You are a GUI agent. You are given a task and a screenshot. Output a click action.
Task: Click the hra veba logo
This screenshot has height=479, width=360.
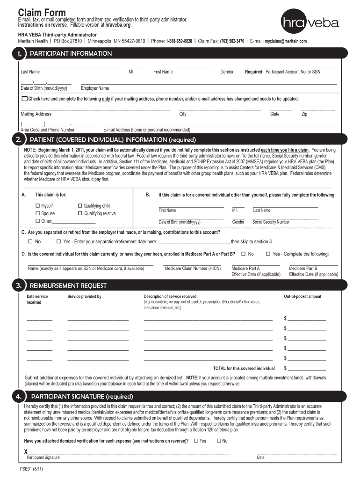click(310, 22)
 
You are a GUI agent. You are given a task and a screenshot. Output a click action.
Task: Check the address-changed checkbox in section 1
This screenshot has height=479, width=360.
click(25, 99)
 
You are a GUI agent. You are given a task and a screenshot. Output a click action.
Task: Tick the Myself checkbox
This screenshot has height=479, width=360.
click(37, 206)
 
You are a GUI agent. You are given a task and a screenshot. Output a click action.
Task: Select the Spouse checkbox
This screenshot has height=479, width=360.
click(37, 213)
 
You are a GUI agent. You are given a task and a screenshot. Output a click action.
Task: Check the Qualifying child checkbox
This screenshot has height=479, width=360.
click(80, 206)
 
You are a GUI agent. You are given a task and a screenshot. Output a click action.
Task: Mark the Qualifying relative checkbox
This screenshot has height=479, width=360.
click(80, 213)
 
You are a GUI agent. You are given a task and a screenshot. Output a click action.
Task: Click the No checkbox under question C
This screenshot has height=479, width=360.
click(30, 241)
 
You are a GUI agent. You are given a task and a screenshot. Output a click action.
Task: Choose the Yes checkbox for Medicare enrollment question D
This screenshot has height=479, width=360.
click(268, 254)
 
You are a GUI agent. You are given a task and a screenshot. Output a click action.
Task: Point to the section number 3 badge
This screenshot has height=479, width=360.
click(18, 285)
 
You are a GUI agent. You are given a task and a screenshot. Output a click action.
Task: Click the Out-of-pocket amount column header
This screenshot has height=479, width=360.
click(302, 297)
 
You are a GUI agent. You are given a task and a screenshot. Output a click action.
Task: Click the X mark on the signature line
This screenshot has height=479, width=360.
click(26, 452)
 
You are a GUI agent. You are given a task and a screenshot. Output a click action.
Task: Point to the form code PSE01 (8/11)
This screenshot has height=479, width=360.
click(32, 469)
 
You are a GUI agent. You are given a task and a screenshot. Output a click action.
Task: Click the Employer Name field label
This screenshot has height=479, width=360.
click(95, 88)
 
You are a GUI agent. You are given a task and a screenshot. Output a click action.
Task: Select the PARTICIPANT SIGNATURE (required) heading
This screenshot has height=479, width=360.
click(82, 397)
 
